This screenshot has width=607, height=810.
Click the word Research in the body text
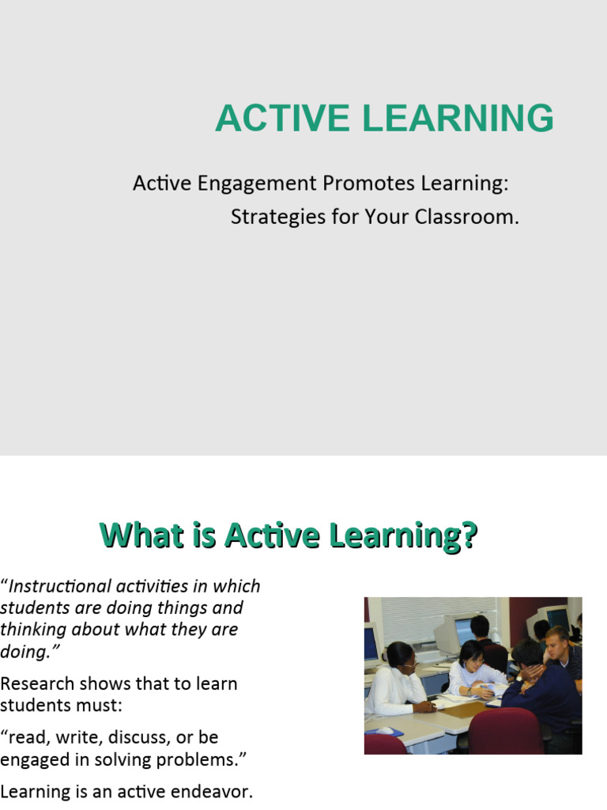point(37,683)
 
